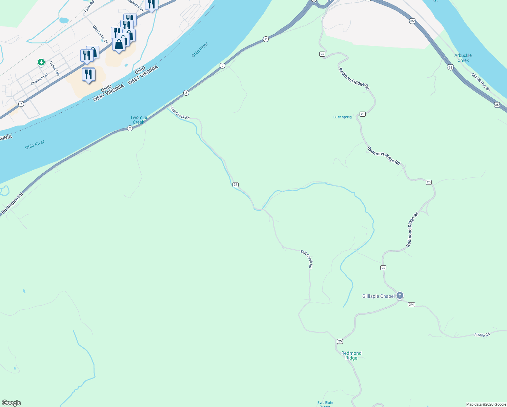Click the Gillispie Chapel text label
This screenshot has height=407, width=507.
coord(378,296)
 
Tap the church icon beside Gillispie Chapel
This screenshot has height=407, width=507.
coord(400,296)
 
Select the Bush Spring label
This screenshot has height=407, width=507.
coord(342,117)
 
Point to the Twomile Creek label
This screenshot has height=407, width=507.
coord(139,120)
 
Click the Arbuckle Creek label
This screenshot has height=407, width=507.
coord(463,58)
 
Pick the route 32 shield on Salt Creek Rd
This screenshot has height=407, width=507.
coord(236,185)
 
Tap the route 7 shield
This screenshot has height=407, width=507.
coord(21,104)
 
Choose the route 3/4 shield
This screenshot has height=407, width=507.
coord(411,305)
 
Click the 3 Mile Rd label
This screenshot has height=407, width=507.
coord(482,335)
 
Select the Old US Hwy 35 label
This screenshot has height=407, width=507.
coord(481,82)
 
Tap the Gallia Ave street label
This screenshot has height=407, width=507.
coord(54,69)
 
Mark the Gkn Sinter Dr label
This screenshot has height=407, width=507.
coord(100,35)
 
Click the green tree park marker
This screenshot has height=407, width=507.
coord(41,62)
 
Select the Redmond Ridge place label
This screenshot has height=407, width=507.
coord(351,355)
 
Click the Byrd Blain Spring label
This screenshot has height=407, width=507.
coord(325,404)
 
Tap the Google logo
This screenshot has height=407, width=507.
coord(12,403)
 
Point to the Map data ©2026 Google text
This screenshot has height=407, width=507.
coord(486,404)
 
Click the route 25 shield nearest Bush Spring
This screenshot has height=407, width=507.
coord(363,114)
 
